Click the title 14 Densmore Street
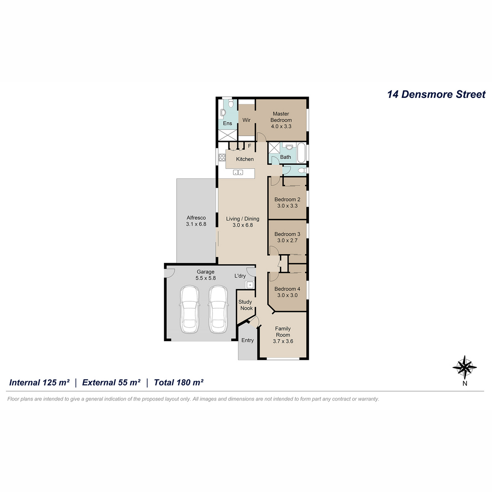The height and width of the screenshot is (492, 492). click(x=436, y=94)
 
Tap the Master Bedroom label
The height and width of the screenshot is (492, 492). click(x=281, y=117)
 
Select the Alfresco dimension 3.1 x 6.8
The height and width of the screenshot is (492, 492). click(x=196, y=224)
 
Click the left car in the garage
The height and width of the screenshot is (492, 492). click(x=189, y=310)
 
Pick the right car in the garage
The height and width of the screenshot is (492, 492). click(x=218, y=310)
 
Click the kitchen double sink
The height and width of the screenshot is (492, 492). click(x=238, y=173)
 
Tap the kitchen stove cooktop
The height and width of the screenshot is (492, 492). click(x=222, y=157)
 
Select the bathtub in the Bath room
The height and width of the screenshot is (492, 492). click(x=301, y=153)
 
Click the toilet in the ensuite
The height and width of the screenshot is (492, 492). click(x=231, y=104)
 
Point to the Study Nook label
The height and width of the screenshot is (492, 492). click(x=245, y=305)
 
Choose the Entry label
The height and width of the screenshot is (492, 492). click(x=247, y=340)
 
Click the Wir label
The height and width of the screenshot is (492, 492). click(x=246, y=120)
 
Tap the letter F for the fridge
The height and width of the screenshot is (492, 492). click(x=249, y=146)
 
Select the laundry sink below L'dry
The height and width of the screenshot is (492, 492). click(x=249, y=285)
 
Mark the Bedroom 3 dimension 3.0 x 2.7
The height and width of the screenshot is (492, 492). click(x=287, y=240)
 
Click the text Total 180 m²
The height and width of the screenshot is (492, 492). click(x=178, y=383)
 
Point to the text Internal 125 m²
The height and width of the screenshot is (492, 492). click(x=39, y=383)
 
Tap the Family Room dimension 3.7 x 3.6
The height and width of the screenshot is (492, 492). click(x=283, y=341)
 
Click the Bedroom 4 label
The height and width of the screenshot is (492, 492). click(x=287, y=289)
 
